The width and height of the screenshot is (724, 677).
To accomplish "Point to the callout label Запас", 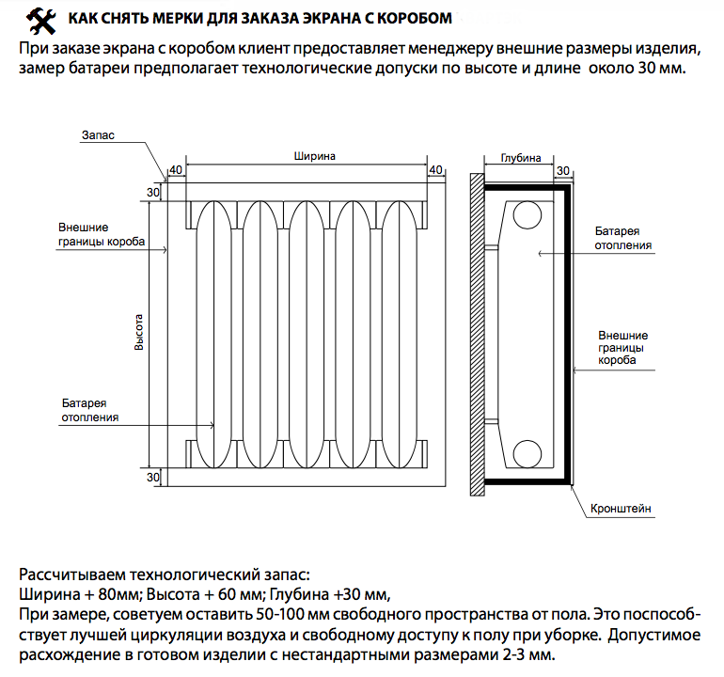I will pos(98,136).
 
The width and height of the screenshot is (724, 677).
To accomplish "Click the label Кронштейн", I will pos(621,509).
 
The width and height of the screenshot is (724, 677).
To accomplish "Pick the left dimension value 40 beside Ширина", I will pos(174,169).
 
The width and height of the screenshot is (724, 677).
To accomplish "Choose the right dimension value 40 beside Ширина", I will pos(434,169).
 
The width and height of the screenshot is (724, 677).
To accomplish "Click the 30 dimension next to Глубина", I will pos(563,170).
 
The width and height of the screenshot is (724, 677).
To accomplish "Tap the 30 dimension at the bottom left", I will pos(153,477).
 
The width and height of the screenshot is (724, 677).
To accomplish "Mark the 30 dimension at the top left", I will pos(153,193).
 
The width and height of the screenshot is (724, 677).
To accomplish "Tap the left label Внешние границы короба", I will pos(102,234).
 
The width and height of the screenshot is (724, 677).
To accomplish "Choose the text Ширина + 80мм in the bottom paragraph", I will pos(79,594).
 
